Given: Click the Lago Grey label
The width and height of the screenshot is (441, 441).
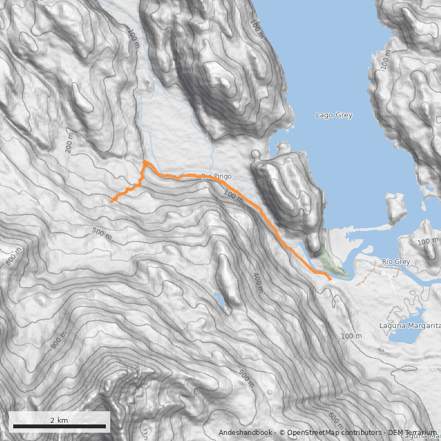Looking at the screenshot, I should [334, 115].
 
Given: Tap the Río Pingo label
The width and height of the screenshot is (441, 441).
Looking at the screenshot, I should [216, 176].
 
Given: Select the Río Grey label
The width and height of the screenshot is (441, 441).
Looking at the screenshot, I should [396, 262].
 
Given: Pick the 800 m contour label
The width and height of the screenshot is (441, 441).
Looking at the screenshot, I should [14, 256].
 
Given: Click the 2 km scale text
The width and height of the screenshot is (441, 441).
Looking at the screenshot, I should [59, 420].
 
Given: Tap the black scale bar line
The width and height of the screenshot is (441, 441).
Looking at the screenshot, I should [59, 426].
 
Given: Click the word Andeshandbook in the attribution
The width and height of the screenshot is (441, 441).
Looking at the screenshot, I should [246, 433].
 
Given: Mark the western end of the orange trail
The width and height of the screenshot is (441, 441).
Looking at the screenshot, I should [111, 202].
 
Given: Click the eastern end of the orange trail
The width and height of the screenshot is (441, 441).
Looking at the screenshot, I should [330, 280].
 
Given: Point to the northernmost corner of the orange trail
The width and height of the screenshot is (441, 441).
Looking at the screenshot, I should [144, 161].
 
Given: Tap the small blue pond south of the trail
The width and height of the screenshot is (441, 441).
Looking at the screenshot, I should [220, 300].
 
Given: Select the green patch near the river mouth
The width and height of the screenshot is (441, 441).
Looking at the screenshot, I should [327, 263].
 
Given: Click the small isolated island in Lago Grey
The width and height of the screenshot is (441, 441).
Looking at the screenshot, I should [395, 208].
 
